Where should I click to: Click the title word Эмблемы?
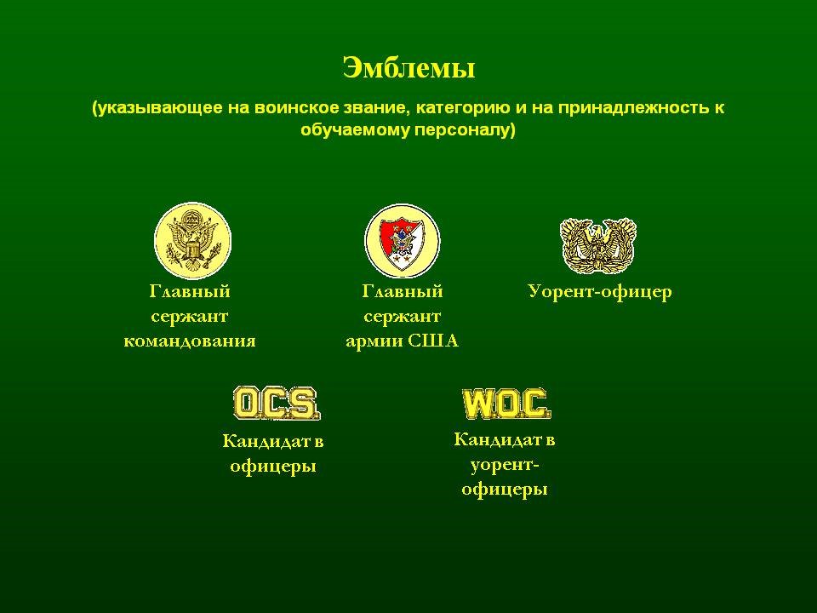click(x=409, y=68)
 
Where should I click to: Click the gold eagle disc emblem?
click(x=193, y=241)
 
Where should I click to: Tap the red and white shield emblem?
click(x=403, y=241)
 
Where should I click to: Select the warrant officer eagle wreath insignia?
click(x=598, y=245)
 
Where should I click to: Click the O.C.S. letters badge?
click(x=276, y=403)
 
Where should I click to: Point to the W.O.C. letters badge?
click(x=506, y=404)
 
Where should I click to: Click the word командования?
click(x=190, y=341)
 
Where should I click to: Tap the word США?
click(x=433, y=341)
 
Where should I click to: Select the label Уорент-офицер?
click(x=600, y=291)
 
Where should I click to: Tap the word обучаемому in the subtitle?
click(x=355, y=130)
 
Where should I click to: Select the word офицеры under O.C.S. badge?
click(x=273, y=466)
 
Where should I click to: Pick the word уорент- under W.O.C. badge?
click(x=505, y=465)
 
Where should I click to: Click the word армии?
click(x=374, y=341)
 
